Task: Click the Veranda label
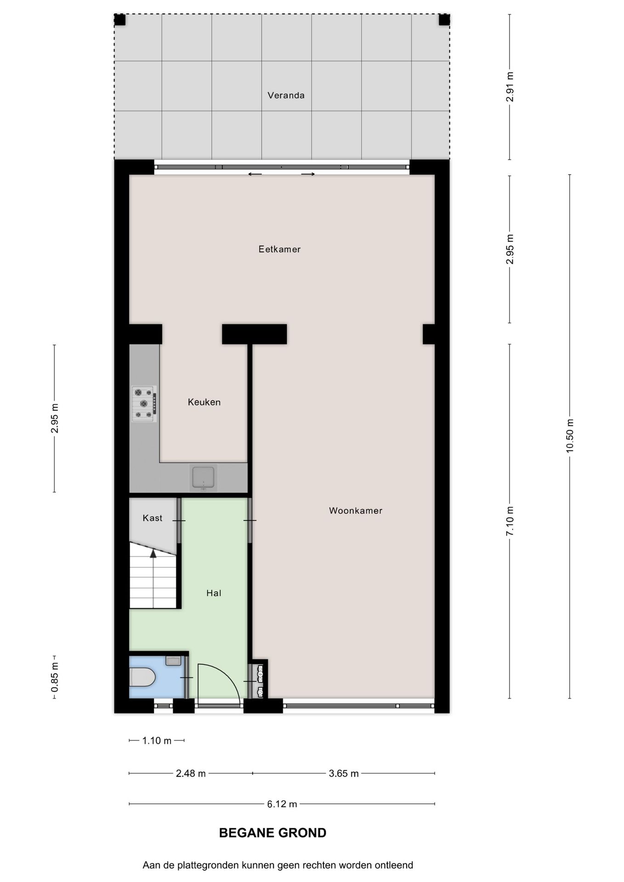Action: (286, 95)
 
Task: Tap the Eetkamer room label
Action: (279, 249)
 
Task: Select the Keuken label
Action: (204, 402)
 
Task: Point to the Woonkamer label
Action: (355, 510)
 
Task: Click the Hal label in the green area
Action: (214, 593)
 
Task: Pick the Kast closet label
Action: (152, 518)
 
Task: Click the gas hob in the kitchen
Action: (144, 404)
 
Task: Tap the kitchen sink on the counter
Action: (203, 478)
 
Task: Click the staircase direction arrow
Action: (153, 554)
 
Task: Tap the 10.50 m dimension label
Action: (570, 435)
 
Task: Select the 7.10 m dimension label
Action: (510, 520)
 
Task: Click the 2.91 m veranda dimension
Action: (510, 87)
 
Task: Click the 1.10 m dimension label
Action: (157, 741)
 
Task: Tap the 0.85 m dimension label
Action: (55, 677)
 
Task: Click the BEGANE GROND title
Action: (272, 833)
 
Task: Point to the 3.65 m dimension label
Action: (343, 774)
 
